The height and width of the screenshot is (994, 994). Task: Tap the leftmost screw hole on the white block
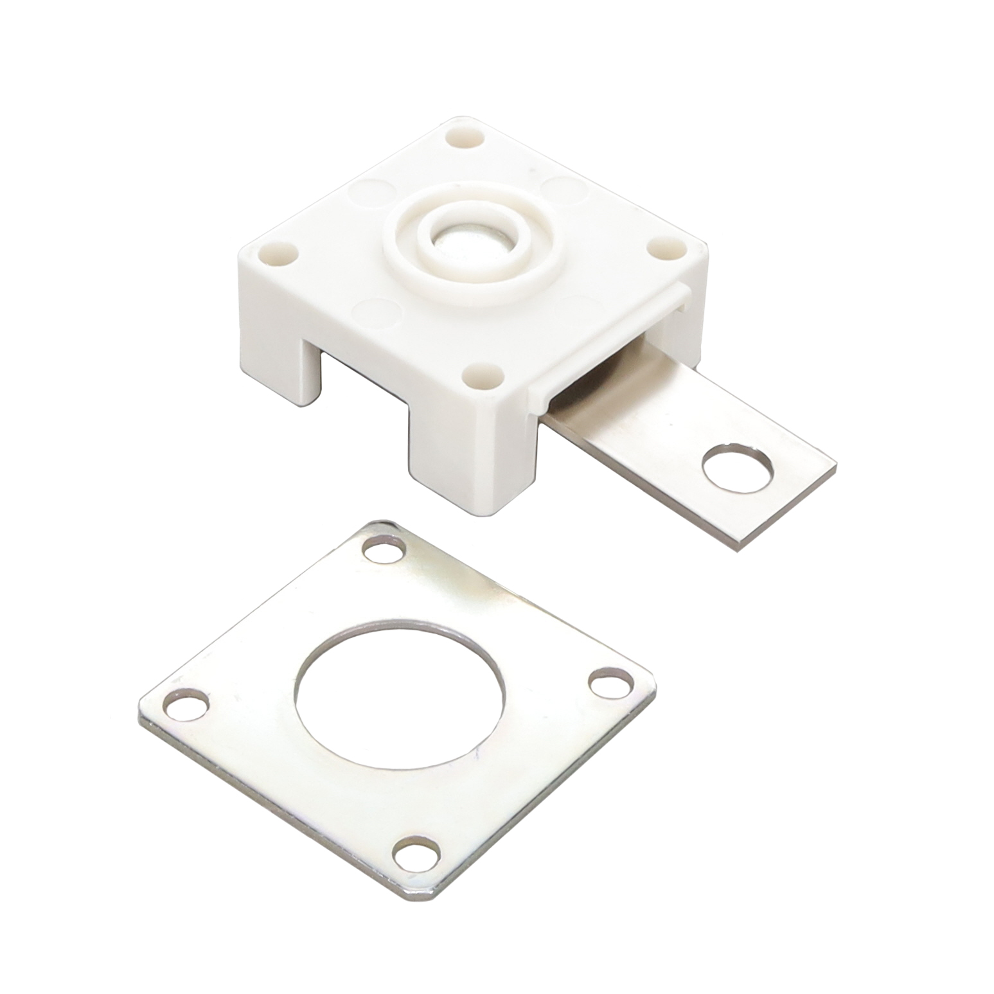point(278,254)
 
